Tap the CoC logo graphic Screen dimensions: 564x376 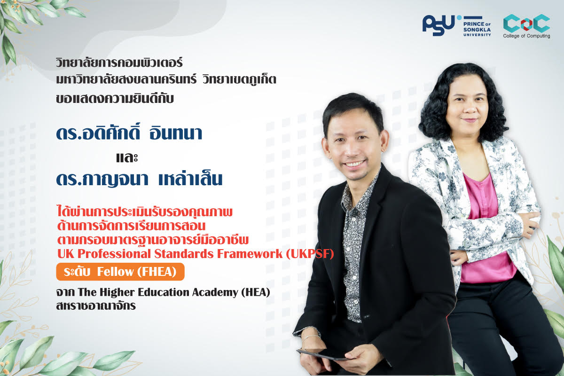tap(526, 23)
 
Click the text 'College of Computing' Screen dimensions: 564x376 tap(526, 36)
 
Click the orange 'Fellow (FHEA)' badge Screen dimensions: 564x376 tap(120, 272)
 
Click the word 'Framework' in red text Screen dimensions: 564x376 tap(250, 254)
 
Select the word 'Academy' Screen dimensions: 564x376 tap(215, 293)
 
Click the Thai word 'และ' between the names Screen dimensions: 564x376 tap(127, 157)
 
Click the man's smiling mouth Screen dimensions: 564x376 tap(354, 164)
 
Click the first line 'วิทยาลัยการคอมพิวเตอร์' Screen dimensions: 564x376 tap(119, 63)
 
